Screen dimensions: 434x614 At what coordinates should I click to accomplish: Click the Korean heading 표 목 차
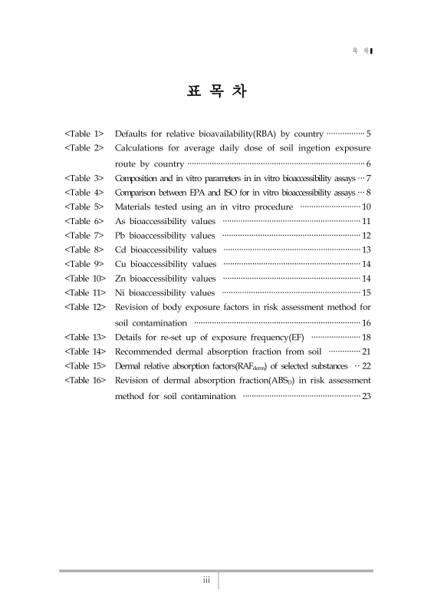(x=216, y=91)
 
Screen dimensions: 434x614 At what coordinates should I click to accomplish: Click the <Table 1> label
(x=84, y=134)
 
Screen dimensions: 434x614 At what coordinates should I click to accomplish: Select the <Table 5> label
(x=84, y=207)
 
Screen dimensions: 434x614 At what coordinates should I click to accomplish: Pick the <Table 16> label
(x=86, y=380)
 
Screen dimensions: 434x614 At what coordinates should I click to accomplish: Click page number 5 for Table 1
(x=369, y=134)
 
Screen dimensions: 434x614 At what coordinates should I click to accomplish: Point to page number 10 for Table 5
(x=367, y=207)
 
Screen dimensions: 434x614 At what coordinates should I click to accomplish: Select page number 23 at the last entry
(x=367, y=396)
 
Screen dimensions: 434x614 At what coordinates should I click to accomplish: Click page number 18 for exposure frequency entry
(x=367, y=337)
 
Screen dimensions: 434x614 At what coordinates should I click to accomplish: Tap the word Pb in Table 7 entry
(x=120, y=236)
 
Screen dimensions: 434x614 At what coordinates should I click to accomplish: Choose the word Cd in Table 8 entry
(x=120, y=250)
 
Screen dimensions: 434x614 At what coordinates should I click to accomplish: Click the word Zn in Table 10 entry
(x=120, y=279)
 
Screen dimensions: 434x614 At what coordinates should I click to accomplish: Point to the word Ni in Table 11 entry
(x=120, y=293)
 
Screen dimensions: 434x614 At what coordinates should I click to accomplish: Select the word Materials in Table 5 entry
(x=134, y=207)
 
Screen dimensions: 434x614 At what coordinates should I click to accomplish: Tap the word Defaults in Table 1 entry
(x=132, y=134)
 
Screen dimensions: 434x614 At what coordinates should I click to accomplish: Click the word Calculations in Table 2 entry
(x=141, y=147)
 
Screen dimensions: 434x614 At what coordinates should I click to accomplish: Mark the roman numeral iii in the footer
(x=206, y=580)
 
